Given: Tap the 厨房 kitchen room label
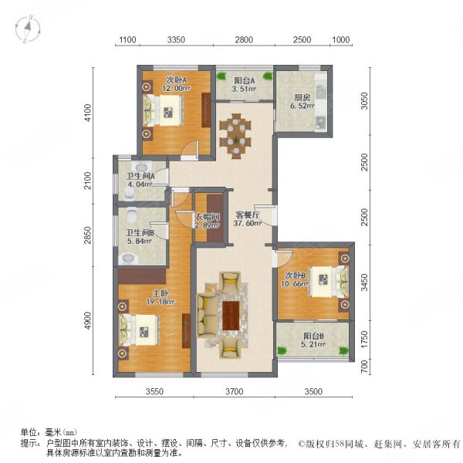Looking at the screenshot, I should point(302,98).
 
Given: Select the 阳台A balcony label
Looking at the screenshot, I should point(244,80).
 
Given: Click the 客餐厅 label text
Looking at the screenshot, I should point(247,217).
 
